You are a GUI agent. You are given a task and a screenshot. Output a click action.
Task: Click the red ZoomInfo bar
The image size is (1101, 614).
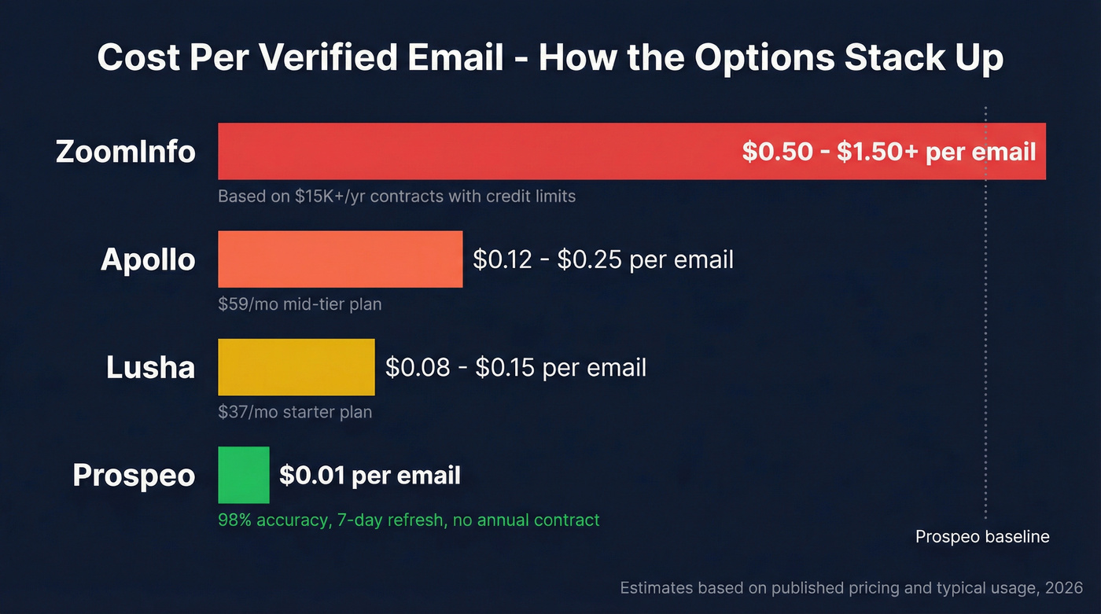pos(472,152)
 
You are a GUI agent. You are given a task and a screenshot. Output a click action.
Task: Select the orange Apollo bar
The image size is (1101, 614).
pos(340,259)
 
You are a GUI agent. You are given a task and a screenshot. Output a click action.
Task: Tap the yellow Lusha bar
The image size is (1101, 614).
pos(296,367)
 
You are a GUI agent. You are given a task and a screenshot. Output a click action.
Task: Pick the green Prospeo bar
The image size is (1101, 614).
pos(243,475)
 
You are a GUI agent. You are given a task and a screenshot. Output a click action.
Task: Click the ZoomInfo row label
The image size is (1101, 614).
pos(126,151)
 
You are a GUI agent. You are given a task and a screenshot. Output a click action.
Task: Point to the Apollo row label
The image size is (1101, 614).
pos(148,259)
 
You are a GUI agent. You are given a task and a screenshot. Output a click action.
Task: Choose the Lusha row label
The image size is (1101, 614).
pos(150,367)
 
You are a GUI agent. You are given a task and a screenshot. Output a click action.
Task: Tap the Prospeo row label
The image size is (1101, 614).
pos(134,475)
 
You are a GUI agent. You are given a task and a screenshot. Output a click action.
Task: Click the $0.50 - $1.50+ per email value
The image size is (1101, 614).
pos(889,152)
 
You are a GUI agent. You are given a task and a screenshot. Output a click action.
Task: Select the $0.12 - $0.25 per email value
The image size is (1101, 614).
pos(602,259)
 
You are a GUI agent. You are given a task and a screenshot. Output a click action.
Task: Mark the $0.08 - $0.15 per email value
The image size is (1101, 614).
pos(515,367)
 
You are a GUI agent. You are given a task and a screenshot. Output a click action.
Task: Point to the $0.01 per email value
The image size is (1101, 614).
pos(370,475)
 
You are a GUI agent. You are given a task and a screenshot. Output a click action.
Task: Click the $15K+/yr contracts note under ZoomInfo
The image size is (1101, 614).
pos(396,196)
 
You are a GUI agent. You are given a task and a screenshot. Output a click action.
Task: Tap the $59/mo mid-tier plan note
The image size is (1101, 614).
pos(300,303)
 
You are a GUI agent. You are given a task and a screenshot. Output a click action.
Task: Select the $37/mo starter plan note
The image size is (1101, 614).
pos(295,411)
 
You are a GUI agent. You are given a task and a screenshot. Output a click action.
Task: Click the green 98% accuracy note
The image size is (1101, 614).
pos(408,520)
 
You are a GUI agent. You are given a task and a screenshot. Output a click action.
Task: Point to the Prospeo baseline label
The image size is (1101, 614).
pos(982,537)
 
